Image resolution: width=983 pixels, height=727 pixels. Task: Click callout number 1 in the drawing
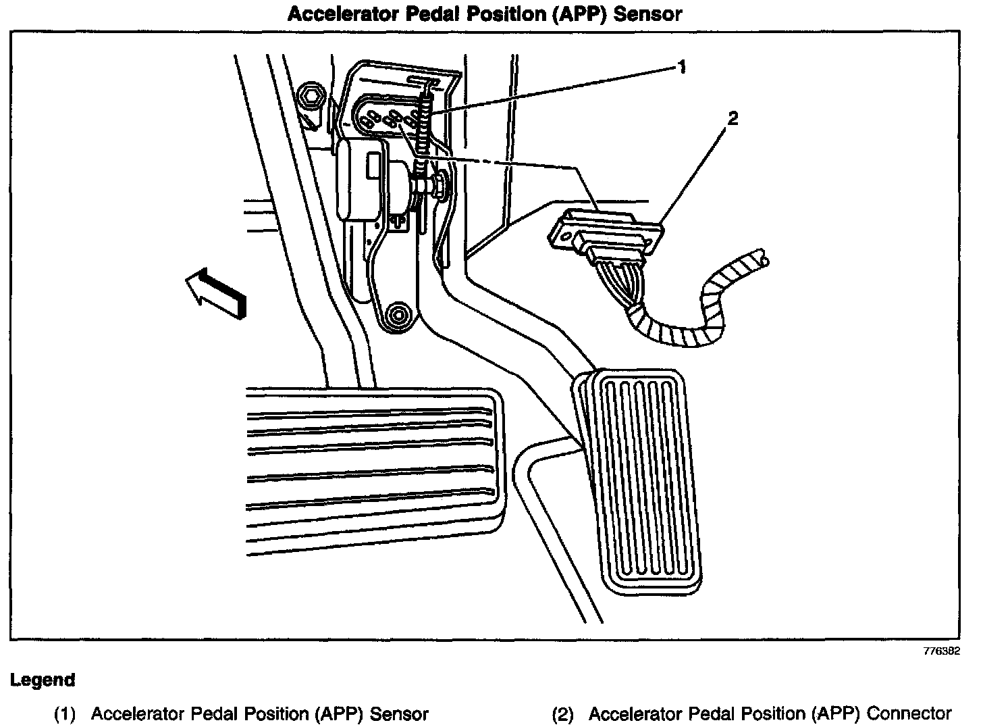683,66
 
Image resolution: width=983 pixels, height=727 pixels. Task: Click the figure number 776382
941,652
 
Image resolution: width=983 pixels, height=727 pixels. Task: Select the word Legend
42,680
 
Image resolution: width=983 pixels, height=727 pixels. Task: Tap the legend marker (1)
66,713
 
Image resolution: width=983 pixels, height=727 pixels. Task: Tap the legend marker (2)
564,713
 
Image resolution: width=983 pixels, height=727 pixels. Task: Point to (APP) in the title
585,14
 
